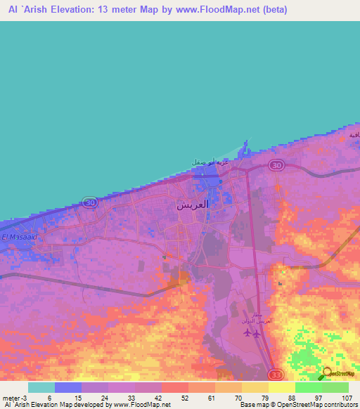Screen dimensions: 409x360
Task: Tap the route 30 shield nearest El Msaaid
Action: pyautogui.click(x=89, y=202)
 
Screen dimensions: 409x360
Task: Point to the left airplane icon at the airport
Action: pyautogui.click(x=245, y=333)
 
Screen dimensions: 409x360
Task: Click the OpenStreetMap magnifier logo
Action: pyautogui.click(x=327, y=373)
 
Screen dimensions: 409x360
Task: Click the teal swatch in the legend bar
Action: pyautogui.click(x=41, y=387)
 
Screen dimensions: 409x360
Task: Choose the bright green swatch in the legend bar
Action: pyautogui.click(x=308, y=387)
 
